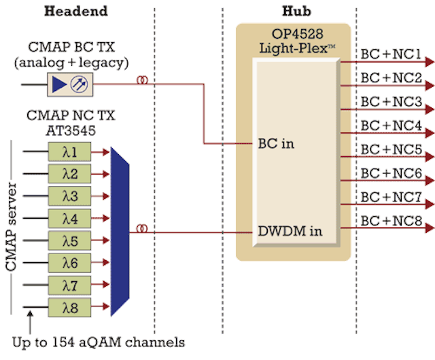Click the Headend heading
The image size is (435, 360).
point(75,11)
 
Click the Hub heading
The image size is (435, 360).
point(296,11)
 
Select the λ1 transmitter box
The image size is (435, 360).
point(69,151)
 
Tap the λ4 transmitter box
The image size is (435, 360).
point(69,219)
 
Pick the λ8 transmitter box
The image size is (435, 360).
point(69,308)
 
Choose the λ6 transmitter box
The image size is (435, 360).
point(69,263)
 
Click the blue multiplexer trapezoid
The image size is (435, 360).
point(120,232)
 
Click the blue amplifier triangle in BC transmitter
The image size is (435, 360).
point(59,84)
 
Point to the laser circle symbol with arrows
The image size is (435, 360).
point(79,84)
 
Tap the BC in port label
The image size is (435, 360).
point(276,144)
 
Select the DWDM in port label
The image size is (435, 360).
point(290,231)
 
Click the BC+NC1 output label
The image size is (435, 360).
point(391,54)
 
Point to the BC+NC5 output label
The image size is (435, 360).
point(391,149)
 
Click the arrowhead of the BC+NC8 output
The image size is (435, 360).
point(430,228)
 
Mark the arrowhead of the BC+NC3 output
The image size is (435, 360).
point(430,109)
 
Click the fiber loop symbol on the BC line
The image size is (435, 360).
point(142,80)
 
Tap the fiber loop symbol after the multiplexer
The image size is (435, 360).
point(142,229)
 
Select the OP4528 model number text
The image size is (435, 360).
point(298,34)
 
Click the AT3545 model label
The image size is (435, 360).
point(71,130)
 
